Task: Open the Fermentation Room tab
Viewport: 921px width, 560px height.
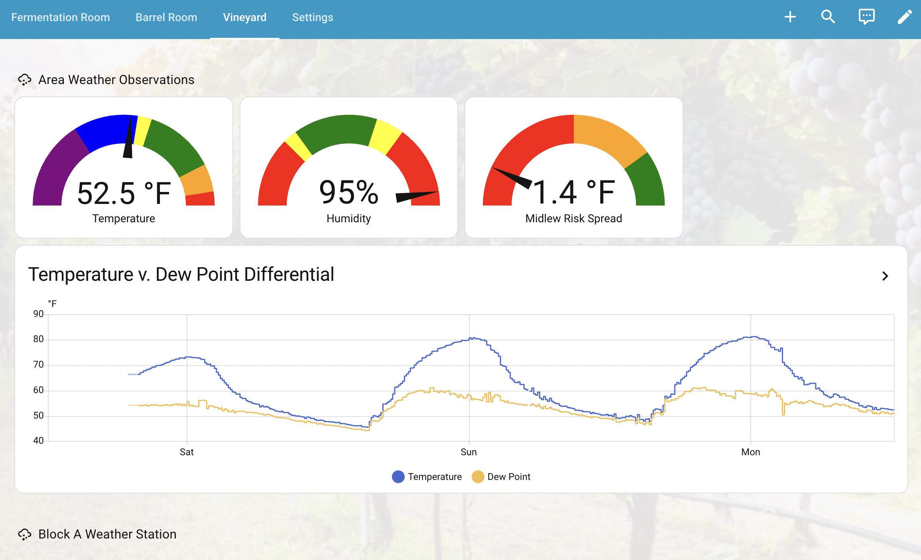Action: coord(61,18)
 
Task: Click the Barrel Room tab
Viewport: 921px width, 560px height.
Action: coord(166,18)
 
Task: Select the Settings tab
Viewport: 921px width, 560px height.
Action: coord(313,18)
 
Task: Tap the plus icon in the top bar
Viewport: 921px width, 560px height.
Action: coord(790,17)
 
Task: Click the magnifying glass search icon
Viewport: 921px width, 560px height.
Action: coord(828,17)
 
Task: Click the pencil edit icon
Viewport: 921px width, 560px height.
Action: coord(905,17)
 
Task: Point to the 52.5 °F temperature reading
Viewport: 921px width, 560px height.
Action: coord(124,194)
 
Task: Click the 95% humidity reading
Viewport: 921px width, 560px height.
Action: coord(348,193)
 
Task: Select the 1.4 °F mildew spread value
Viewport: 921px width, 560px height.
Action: coord(574,193)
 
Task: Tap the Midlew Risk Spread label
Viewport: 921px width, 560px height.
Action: coord(573,219)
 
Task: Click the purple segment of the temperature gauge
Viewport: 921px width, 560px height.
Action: coord(56,167)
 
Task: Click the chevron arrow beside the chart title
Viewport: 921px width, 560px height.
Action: coord(885,276)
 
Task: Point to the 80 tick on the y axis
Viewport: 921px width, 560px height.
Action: coord(38,339)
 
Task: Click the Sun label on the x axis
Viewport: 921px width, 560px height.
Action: coord(468,452)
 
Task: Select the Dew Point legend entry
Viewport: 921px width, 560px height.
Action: coord(508,477)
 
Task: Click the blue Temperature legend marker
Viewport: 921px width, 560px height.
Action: coord(398,477)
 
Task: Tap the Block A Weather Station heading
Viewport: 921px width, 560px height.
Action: coord(107,534)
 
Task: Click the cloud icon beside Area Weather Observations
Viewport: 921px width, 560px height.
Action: coord(25,80)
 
